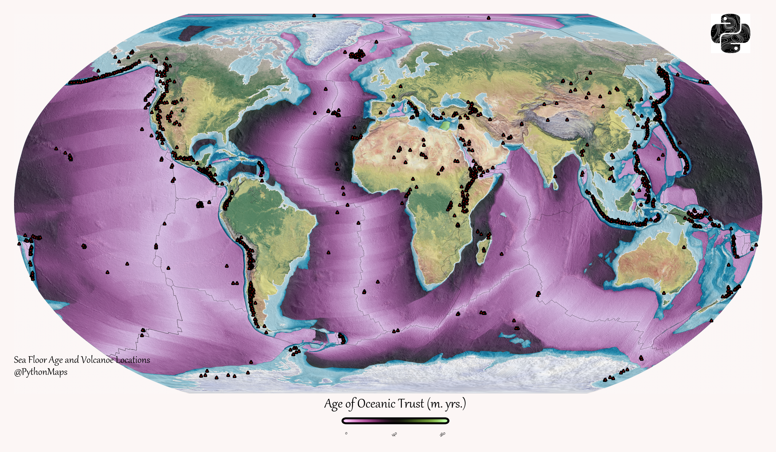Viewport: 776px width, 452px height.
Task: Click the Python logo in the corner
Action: (730, 33)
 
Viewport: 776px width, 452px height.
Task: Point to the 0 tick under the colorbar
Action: (346, 433)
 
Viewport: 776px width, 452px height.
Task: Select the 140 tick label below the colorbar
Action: (394, 434)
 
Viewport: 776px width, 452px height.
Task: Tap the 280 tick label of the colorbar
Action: (442, 434)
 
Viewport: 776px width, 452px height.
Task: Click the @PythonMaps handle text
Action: (40, 372)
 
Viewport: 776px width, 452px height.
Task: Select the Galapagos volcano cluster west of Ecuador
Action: (200, 205)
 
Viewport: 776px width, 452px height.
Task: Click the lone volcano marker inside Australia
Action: (684, 247)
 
